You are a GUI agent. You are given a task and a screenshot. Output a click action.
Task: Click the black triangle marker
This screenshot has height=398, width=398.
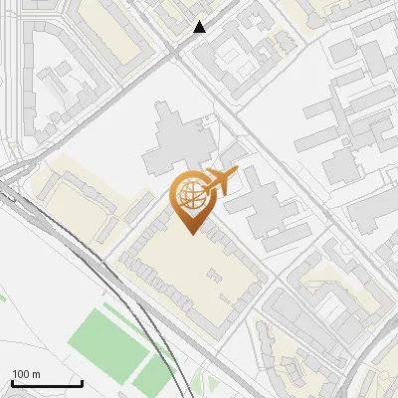201,27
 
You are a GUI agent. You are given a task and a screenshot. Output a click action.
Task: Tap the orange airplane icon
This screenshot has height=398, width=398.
220,181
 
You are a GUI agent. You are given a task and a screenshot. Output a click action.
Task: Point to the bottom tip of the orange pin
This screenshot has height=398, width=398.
192,234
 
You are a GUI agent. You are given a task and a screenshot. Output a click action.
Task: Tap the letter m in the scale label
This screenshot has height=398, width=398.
37,374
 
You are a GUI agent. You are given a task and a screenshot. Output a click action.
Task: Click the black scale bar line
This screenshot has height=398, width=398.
46,383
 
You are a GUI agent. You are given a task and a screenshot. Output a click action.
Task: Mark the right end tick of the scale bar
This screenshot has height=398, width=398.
82,381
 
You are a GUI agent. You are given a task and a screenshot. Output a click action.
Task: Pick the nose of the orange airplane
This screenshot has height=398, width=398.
237,170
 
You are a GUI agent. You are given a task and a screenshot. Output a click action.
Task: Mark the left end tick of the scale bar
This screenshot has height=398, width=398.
12,381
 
